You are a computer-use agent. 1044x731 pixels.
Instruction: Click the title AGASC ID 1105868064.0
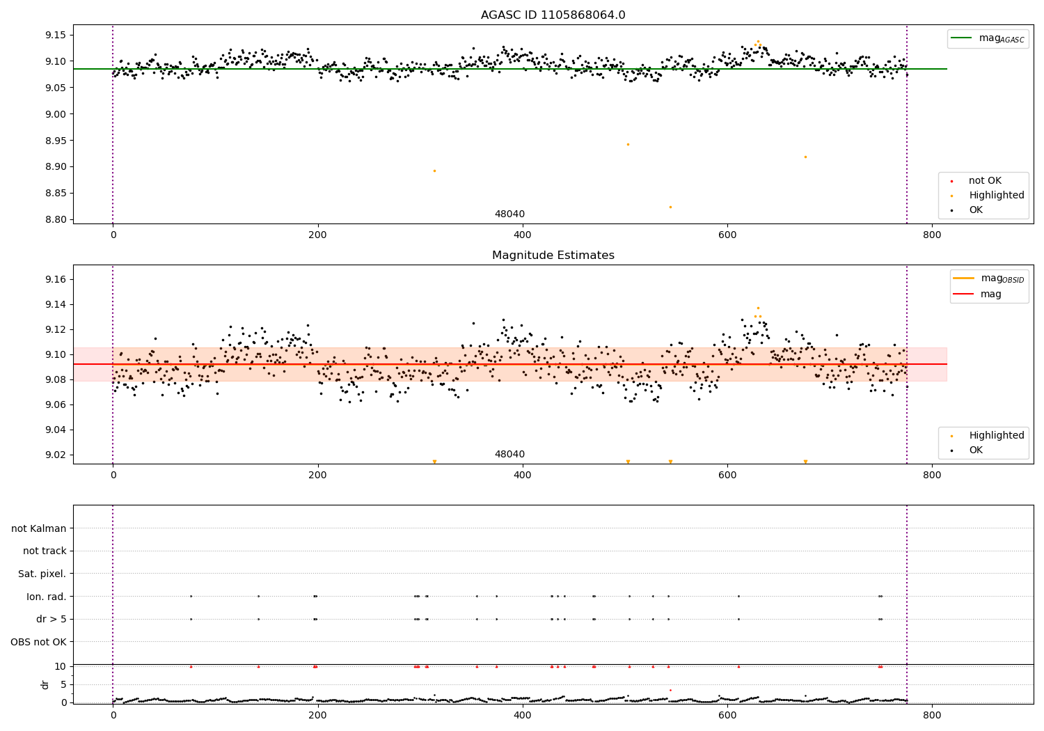553,15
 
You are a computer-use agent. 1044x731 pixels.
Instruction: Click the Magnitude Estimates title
553,256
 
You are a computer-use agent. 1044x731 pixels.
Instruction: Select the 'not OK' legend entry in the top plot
985,181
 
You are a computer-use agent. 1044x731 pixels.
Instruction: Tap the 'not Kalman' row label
39,528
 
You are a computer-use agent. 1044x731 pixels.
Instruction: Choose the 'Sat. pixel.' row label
42,574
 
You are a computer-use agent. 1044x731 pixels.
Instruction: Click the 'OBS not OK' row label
38,642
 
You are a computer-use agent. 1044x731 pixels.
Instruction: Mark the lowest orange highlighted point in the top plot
670,207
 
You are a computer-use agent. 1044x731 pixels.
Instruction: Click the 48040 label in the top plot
509,214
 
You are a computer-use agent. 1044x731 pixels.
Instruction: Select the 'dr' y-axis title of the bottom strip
45,684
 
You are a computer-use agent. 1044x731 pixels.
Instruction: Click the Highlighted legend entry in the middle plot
996,436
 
